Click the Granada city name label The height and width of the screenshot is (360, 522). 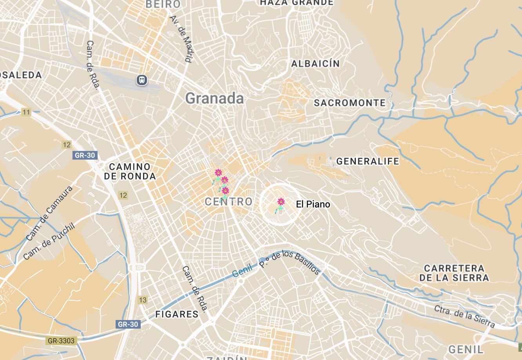214,98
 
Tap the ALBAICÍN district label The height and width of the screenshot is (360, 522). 315,64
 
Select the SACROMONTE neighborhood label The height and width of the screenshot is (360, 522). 350,103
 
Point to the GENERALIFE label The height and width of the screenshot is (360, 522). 368,161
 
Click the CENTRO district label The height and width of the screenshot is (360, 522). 229,202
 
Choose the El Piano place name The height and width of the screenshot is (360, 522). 313,204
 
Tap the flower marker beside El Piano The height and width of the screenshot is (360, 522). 281,202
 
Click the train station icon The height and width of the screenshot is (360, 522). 142,80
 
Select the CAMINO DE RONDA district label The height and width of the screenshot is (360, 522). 130,172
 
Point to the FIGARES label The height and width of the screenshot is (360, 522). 177,314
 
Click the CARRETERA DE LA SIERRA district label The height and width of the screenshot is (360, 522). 454,273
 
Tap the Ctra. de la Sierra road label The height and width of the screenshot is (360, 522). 464,316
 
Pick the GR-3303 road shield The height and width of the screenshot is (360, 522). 61,341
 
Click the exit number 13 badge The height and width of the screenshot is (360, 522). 143,300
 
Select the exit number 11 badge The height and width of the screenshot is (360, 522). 26,113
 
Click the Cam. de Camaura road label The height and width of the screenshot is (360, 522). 49,214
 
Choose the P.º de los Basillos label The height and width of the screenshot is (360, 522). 290,262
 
